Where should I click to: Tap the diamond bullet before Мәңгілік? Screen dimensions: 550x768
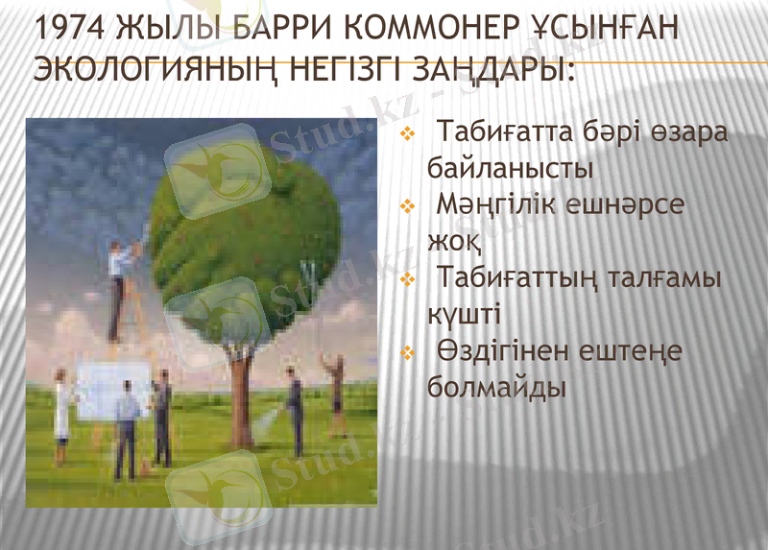pos(407,205)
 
